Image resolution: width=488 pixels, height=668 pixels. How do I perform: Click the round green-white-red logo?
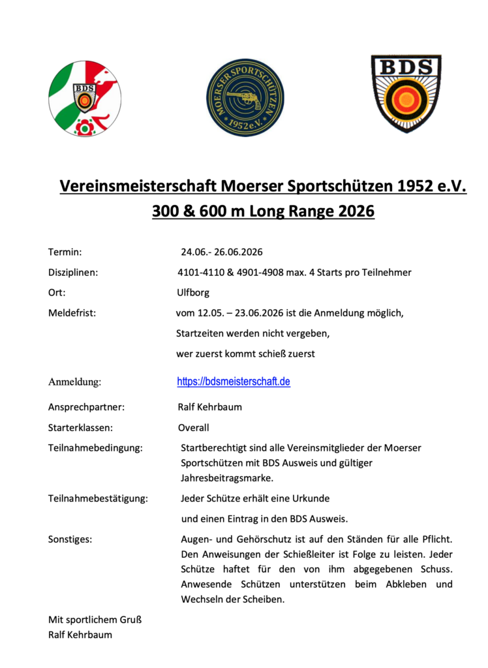point(84,99)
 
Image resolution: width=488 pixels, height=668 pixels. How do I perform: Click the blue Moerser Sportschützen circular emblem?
point(245,97)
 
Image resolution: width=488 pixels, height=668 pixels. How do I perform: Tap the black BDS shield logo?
point(406,93)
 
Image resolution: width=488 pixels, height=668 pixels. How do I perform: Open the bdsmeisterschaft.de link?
point(234,382)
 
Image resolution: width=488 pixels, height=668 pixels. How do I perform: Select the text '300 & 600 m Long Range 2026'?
point(263,212)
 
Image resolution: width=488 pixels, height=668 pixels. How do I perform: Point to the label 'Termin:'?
point(65,252)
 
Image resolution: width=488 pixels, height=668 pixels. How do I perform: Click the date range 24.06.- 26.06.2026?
point(221,252)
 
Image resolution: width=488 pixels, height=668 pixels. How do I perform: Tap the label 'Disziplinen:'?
point(73,273)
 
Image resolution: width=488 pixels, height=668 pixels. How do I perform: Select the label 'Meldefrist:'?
point(72,313)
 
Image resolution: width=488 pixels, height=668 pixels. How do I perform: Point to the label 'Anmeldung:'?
point(74,382)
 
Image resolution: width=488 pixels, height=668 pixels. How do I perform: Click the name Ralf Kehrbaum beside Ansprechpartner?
point(209,407)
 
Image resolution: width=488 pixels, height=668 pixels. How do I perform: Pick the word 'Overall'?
point(194,428)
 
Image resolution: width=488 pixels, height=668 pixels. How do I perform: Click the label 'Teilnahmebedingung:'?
point(95,448)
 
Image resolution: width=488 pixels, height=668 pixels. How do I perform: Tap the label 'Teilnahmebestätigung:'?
point(98,498)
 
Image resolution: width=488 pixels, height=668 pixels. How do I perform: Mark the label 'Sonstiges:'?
point(70,539)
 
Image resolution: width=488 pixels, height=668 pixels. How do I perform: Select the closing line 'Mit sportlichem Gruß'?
point(95,620)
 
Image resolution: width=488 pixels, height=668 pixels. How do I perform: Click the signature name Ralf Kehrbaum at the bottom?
point(80,634)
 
